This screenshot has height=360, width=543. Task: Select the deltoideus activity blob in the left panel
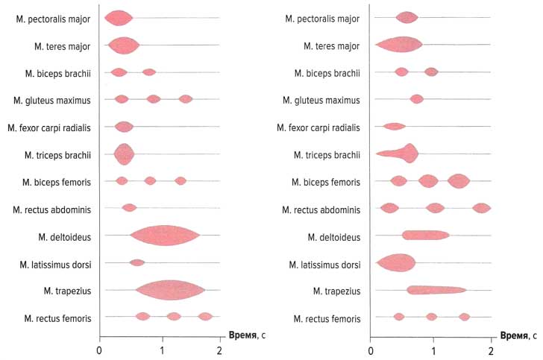[x=164, y=235]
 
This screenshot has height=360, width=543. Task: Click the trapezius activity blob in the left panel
[x=170, y=290]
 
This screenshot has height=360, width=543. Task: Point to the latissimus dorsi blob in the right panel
[x=396, y=263]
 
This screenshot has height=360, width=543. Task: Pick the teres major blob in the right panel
[x=400, y=45]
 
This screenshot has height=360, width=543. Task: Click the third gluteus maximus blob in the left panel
[x=186, y=99]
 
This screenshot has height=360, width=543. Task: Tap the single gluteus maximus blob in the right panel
[x=416, y=99]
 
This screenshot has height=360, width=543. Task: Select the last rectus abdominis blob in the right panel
[x=481, y=208]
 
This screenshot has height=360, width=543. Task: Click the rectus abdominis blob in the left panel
[x=129, y=208]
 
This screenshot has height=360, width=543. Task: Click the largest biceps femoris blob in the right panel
[x=458, y=181]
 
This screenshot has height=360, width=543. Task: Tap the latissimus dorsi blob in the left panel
[x=136, y=262]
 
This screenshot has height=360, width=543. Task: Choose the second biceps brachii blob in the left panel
[x=148, y=72]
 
